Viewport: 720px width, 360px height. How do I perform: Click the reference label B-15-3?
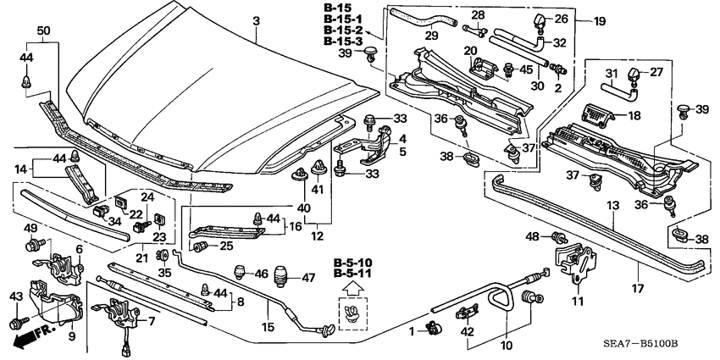343,42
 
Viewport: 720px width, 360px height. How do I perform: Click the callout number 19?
599,20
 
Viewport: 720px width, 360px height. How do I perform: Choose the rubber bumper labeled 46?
240,273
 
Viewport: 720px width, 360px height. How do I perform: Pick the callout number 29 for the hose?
430,37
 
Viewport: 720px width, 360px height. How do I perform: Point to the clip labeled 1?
433,328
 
